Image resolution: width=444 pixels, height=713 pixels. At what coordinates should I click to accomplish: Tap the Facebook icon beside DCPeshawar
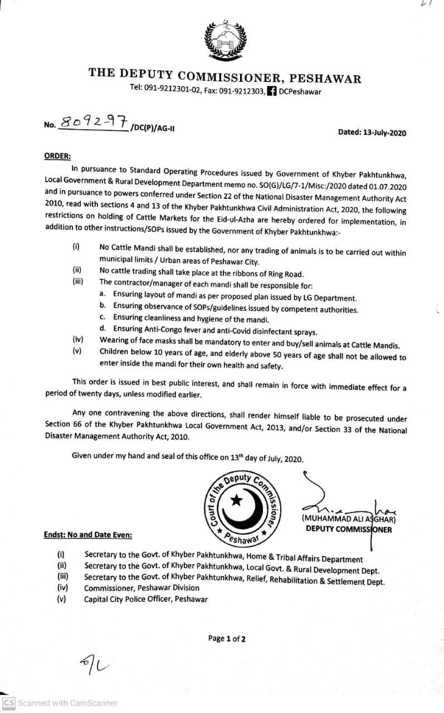point(272,91)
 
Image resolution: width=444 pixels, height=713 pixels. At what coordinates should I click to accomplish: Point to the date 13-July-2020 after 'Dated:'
point(384,133)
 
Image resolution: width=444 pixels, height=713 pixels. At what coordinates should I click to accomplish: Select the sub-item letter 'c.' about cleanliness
point(103,319)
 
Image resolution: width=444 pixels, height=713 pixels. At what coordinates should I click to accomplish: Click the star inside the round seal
point(236,500)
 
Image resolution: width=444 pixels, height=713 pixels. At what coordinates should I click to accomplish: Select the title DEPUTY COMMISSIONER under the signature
point(348,529)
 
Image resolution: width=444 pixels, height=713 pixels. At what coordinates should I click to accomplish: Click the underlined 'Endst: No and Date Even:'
point(88,535)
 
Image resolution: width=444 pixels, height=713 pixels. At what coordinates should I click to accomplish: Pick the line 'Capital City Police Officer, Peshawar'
point(146,599)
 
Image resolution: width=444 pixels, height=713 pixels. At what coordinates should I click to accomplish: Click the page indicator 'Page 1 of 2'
point(227,638)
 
